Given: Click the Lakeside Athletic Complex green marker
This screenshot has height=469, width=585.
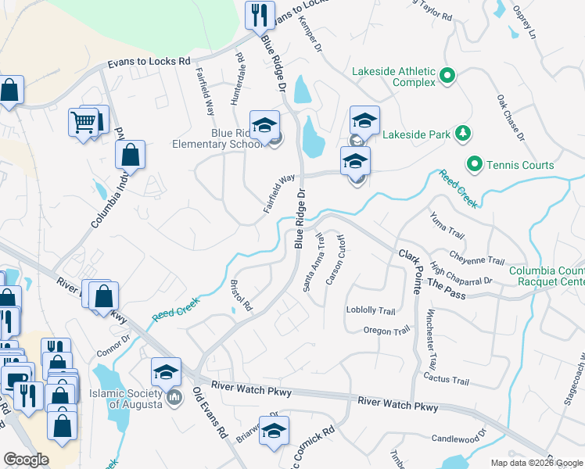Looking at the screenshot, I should click(447, 76).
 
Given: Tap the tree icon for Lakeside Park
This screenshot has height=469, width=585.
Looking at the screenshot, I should click(463, 134).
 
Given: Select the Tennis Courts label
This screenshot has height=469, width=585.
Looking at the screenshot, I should click(521, 165).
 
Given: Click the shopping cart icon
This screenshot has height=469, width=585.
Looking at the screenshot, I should click(84, 121).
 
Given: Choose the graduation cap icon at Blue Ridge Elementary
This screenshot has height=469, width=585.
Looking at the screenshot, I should click(265, 124).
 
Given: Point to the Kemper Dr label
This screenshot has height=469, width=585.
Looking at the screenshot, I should click(310, 37).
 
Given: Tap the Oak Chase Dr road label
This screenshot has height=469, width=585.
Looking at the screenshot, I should click(509, 118).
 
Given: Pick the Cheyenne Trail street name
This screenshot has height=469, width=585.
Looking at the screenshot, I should click(477, 257).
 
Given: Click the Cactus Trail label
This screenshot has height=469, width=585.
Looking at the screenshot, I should click(446, 381).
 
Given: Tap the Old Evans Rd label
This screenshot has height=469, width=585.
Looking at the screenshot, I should click(209, 422).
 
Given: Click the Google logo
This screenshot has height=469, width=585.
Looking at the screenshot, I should click(26, 460).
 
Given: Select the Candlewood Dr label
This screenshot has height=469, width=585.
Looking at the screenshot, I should click(459, 432).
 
